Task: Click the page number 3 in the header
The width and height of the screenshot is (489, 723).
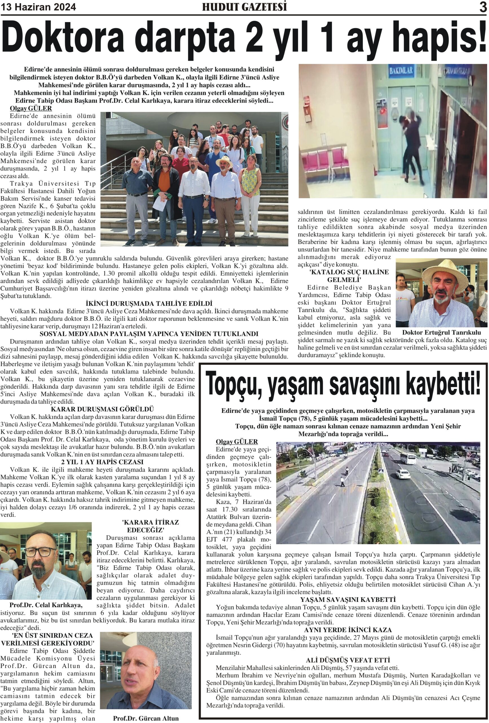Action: coord(483,7)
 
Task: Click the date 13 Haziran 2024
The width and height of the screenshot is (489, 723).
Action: coord(39,7)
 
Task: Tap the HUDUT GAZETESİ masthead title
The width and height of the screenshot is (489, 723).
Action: coord(244,7)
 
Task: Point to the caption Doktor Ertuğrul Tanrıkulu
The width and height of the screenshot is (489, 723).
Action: coord(441,332)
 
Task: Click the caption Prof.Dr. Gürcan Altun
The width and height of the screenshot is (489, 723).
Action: coord(146,718)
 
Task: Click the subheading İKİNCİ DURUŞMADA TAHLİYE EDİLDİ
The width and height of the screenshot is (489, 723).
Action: coord(149,303)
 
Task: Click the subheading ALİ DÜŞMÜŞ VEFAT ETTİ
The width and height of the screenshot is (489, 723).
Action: coord(343,660)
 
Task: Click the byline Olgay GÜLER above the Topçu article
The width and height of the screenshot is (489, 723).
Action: coord(237,441)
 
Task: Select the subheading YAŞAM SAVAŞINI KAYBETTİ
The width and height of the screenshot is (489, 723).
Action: coord(343,600)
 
